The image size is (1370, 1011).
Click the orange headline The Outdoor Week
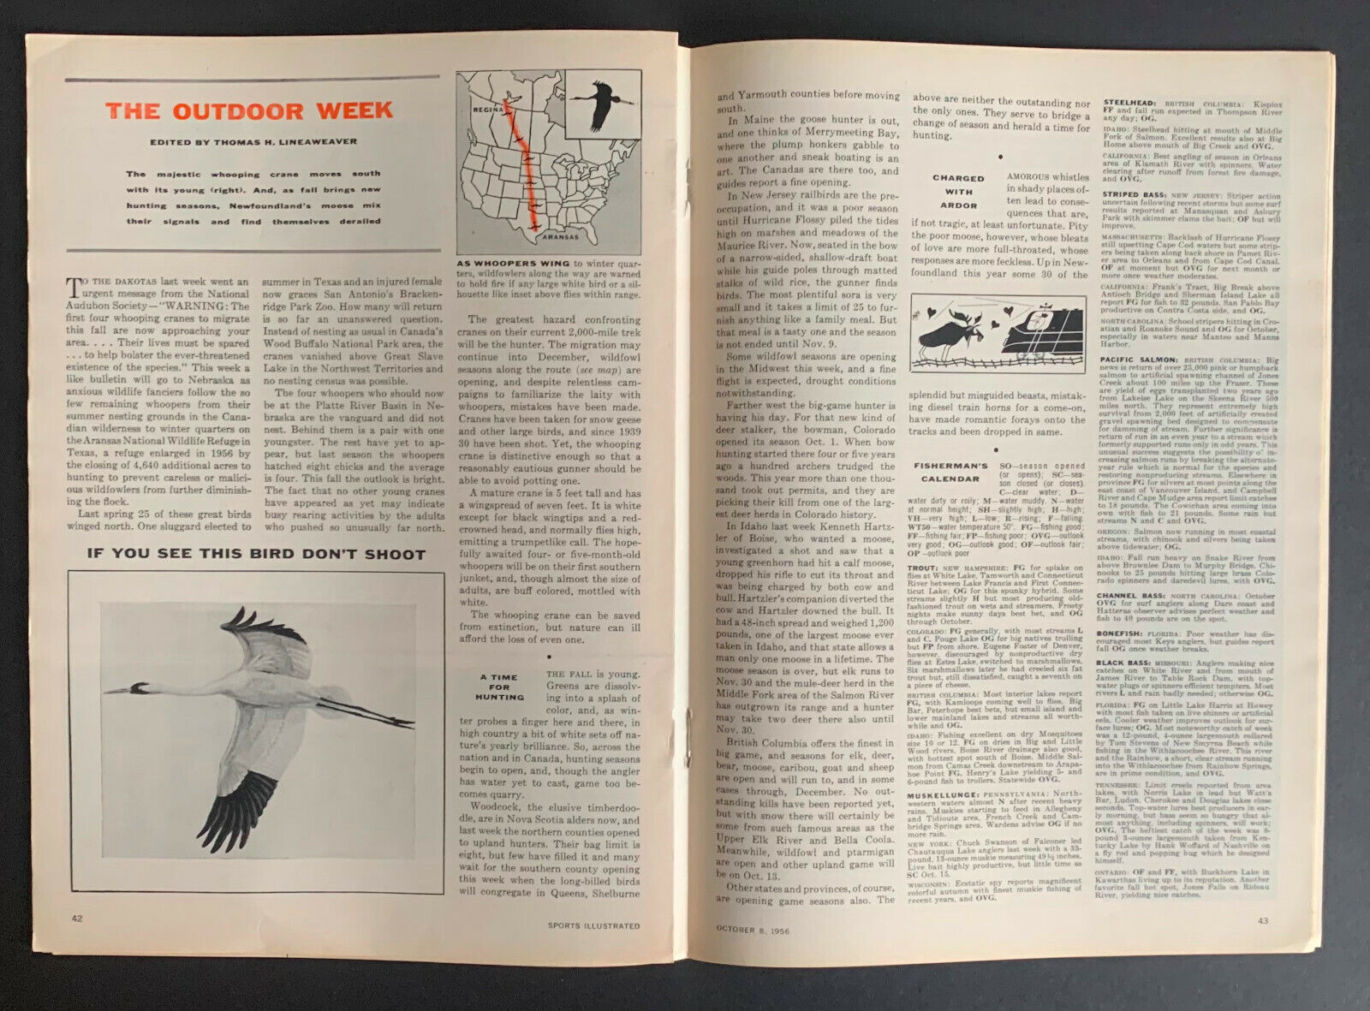click(249, 111)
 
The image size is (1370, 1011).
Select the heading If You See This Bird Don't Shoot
click(256, 554)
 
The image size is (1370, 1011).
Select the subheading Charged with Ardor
click(958, 192)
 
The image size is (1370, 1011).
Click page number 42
click(77, 919)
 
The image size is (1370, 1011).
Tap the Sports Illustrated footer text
click(593, 925)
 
